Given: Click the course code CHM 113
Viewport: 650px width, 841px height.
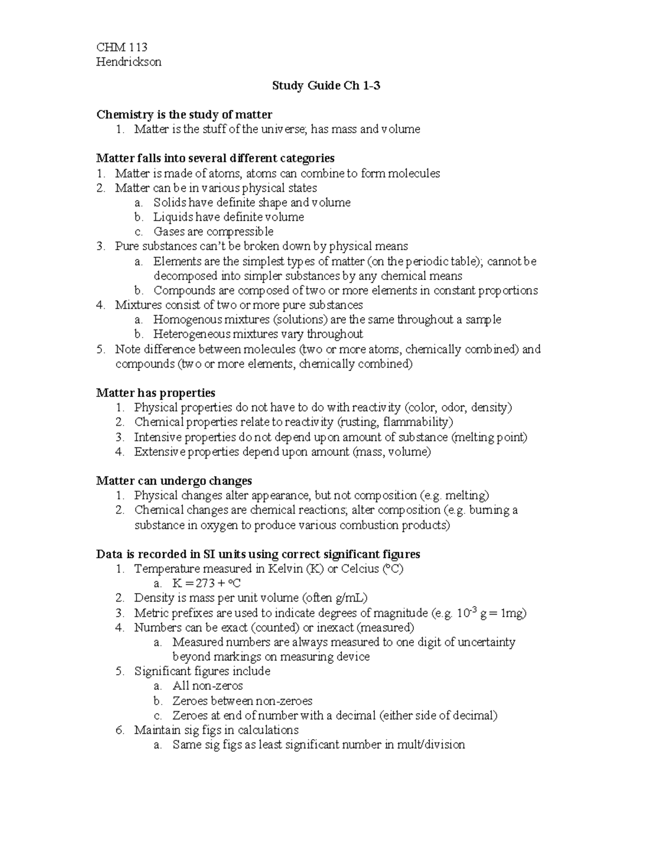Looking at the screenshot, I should [x=122, y=47].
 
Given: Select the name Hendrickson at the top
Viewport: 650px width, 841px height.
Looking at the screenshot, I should [x=128, y=62].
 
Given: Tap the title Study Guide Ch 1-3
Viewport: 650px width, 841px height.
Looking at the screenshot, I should [x=326, y=86].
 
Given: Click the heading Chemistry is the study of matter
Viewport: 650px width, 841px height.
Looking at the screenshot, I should [x=184, y=114].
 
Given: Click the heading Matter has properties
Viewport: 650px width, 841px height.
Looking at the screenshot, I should [x=155, y=393].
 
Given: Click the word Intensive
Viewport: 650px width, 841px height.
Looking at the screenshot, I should [x=155, y=437].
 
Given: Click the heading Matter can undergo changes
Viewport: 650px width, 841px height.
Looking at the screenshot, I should [x=174, y=481].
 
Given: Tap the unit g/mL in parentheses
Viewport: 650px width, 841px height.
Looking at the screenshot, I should [x=350, y=598].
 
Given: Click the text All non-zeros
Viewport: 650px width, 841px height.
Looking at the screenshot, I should [x=207, y=686].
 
